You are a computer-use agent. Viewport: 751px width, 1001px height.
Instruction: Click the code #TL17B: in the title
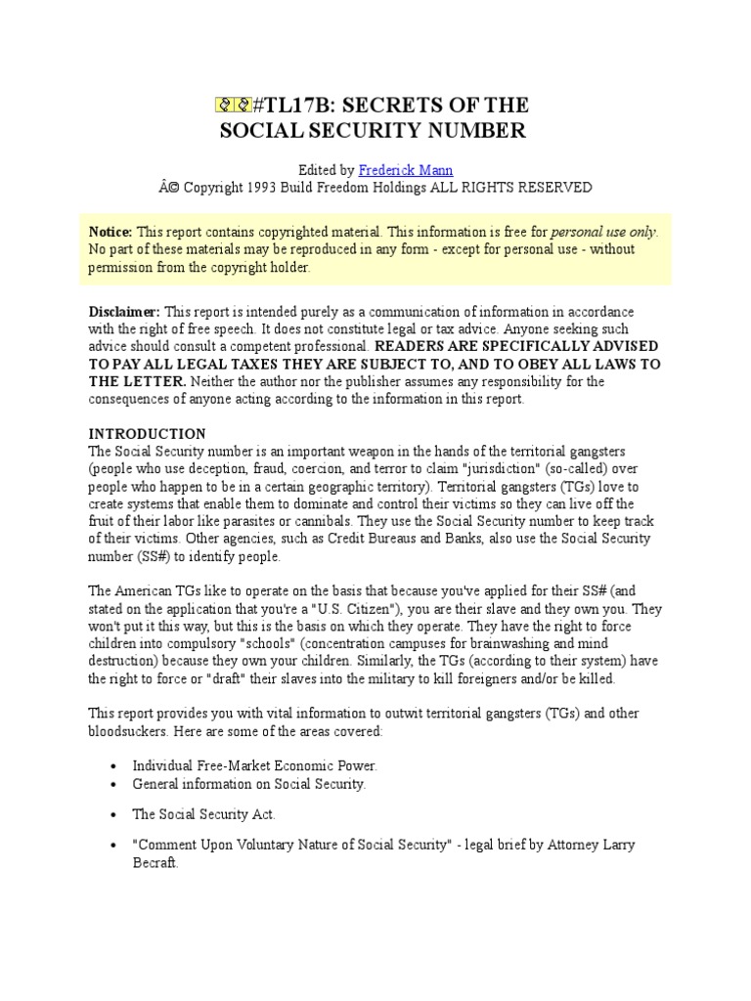pyautogui.click(x=287, y=106)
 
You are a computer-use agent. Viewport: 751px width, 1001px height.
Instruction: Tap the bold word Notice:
pyautogui.click(x=110, y=232)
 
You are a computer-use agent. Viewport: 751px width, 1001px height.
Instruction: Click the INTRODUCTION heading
pyautogui.click(x=148, y=433)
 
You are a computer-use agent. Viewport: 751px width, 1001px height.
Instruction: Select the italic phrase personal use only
pyautogui.click(x=604, y=232)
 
